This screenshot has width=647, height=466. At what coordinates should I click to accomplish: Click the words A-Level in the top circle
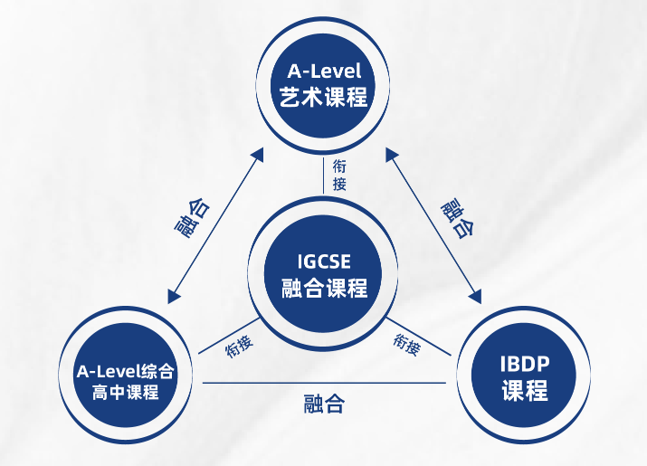323,70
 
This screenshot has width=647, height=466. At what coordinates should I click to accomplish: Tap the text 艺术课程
323,95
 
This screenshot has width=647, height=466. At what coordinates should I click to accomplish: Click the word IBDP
524,366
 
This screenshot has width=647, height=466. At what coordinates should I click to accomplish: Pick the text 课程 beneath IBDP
524,392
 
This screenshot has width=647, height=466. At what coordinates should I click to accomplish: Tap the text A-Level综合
126,371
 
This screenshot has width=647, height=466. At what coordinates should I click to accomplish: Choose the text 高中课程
126,392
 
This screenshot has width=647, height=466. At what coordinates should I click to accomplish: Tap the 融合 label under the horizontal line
323,404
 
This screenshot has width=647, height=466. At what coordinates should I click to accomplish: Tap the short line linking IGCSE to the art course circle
323,174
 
